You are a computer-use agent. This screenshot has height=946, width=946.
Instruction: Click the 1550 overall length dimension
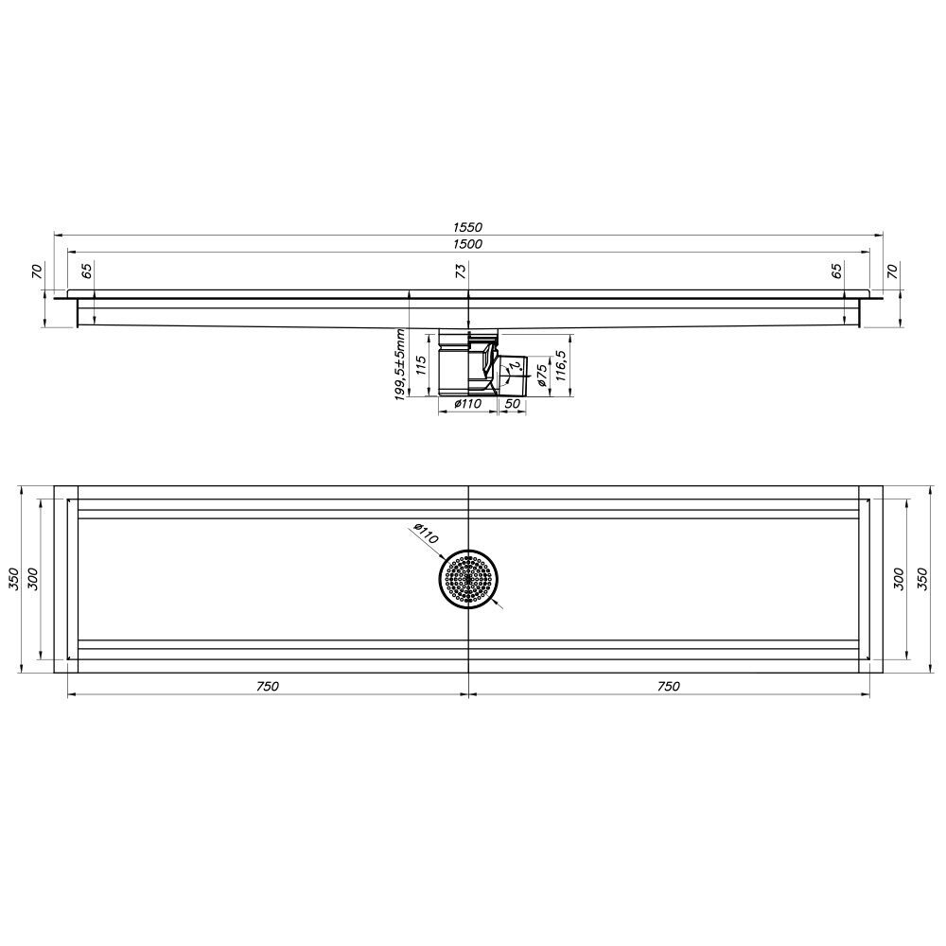[x=467, y=227]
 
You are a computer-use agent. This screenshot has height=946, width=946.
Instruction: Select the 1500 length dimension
[x=467, y=244]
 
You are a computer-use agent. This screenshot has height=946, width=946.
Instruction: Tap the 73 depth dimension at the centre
[x=462, y=271]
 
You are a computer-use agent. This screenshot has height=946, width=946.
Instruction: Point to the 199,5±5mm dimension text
[x=399, y=365]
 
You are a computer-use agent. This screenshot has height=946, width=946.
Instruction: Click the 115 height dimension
[x=422, y=365]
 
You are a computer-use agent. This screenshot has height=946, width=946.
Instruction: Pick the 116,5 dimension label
[x=559, y=365]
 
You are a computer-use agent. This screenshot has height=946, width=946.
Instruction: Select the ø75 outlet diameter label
[x=541, y=375]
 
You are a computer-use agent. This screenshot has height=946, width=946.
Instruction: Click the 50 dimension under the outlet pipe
[x=512, y=404]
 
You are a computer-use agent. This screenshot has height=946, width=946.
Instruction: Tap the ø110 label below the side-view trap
[x=468, y=404]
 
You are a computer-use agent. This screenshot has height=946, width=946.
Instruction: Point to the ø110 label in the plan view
[x=426, y=534]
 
